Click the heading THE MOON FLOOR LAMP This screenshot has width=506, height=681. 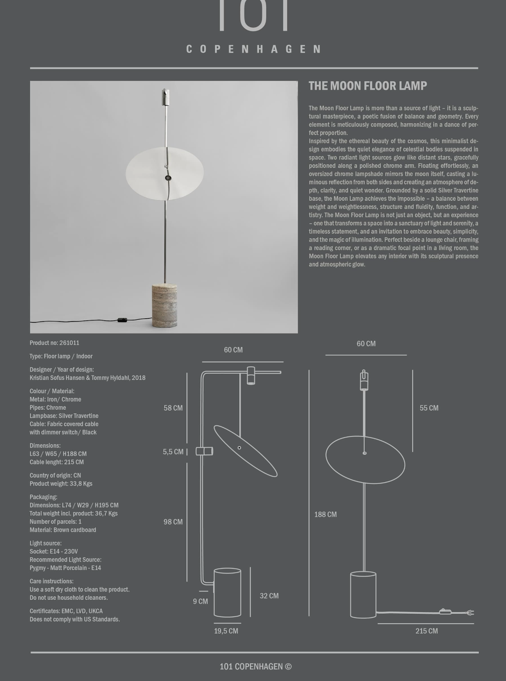pyautogui.click(x=368, y=86)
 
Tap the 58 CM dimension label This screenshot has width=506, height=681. pyautogui.click(x=173, y=408)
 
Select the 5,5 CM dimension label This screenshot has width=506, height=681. pyautogui.click(x=173, y=452)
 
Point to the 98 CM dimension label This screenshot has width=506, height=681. pyautogui.click(x=173, y=522)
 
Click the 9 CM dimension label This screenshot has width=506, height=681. pyautogui.click(x=200, y=602)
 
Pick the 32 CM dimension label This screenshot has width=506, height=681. pyautogui.click(x=269, y=596)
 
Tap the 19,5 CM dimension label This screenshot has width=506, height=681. pyautogui.click(x=226, y=631)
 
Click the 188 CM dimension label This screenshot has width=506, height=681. pyautogui.click(x=325, y=515)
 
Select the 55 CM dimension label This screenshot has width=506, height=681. pyautogui.click(x=429, y=408)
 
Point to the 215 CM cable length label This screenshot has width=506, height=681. pyautogui.click(x=426, y=631)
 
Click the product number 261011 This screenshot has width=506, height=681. pyautogui.click(x=69, y=343)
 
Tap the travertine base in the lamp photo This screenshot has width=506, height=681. pyautogui.click(x=164, y=306)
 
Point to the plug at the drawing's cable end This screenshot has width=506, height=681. pyautogui.click(x=470, y=613)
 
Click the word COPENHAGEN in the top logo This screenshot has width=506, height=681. pyautogui.click(x=253, y=49)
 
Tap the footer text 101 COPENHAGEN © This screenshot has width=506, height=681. pyautogui.click(x=256, y=666)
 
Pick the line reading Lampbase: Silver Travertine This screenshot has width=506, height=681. pyautogui.click(x=64, y=416)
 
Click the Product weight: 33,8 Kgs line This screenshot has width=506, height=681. pyautogui.click(x=61, y=484)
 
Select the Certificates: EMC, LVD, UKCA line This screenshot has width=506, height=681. pyautogui.click(x=66, y=611)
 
